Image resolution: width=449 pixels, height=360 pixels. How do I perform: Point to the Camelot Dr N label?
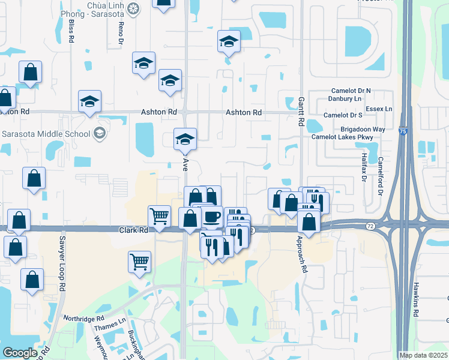[351, 91]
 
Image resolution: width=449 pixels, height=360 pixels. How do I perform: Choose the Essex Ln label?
[380, 109]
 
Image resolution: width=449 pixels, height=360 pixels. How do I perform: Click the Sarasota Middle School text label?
[46, 133]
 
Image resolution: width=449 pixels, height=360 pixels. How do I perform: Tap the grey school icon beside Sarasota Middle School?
[100, 133]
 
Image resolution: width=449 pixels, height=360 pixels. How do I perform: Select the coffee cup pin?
[211, 217]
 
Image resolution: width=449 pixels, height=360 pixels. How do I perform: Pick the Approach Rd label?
[301, 254]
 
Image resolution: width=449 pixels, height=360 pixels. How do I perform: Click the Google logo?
[20, 353]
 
